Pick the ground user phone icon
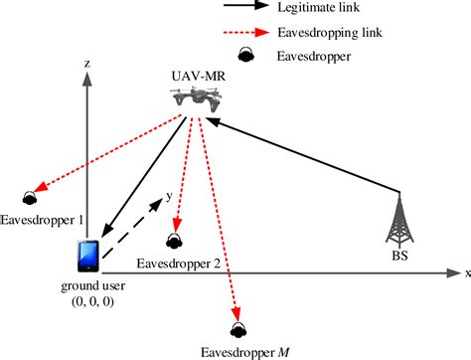(x=86, y=256)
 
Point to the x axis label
(x=466, y=271)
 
